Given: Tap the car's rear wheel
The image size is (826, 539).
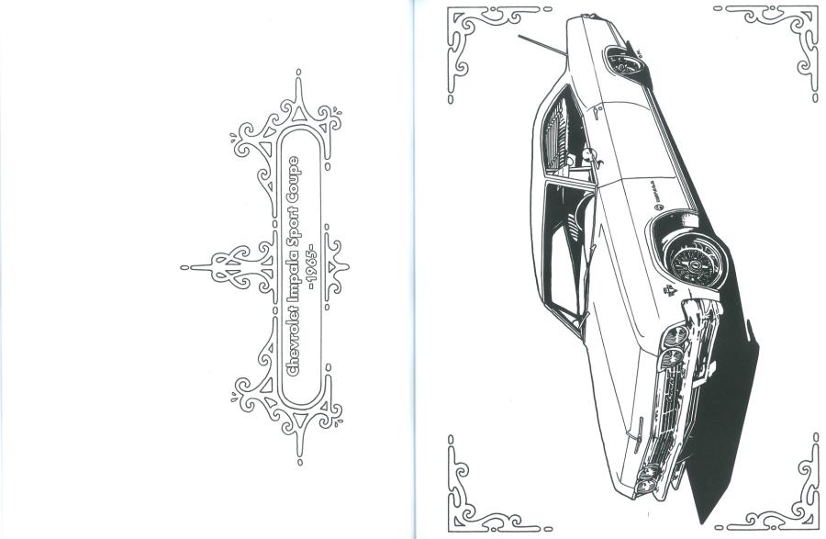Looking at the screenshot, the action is pyautogui.click(x=626, y=62).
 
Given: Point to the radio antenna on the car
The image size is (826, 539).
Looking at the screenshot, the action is pyautogui.click(x=542, y=45).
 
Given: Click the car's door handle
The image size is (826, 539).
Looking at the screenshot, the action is pyautogui.click(x=597, y=111).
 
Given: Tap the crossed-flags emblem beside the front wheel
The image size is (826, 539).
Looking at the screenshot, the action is pyautogui.click(x=670, y=290).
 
